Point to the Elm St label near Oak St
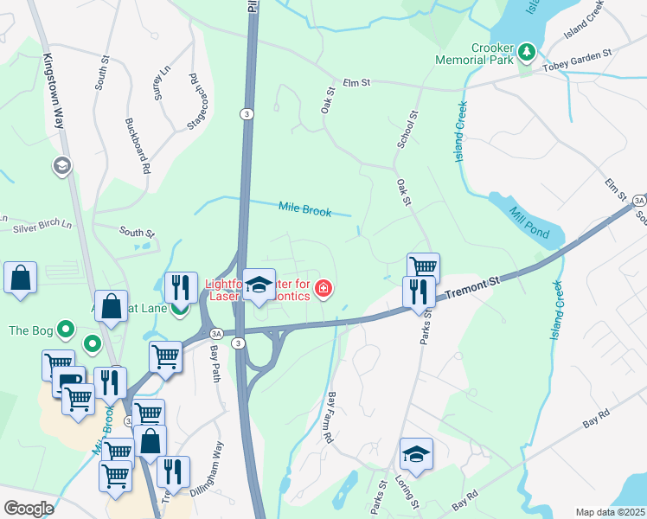[x=356, y=83]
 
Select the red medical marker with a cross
[x=324, y=287]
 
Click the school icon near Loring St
[x=416, y=454]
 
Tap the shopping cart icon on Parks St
[x=423, y=268]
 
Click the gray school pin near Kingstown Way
[x=61, y=165]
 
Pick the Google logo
[x=28, y=509]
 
